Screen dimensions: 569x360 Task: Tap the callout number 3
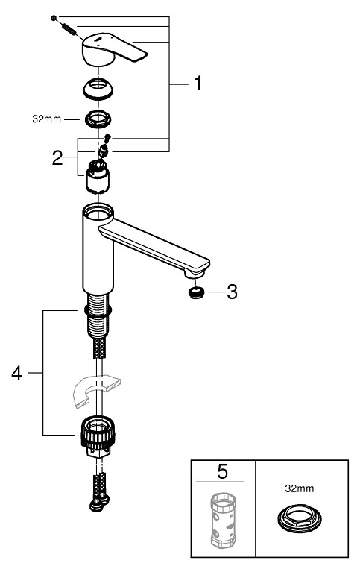click(232, 292)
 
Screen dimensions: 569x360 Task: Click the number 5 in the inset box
click(223, 472)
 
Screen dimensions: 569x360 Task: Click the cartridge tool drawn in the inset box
click(223, 522)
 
